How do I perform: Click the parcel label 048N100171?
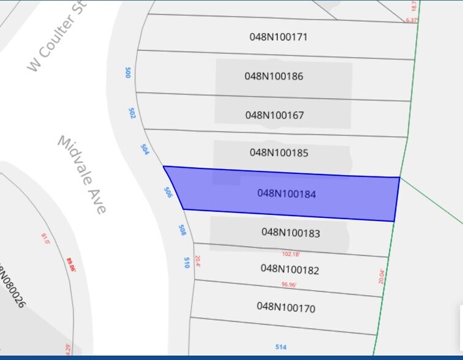[278, 37]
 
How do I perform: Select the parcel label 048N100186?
[274, 77]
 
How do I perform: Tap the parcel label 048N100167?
[274, 115]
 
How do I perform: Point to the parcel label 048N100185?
[279, 152]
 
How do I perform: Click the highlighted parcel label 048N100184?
[287, 193]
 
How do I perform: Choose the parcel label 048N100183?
[291, 233]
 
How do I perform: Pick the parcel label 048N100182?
[290, 269]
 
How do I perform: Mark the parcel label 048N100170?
[286, 306]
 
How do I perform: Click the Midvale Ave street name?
[83, 174]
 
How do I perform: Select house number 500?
[128, 72]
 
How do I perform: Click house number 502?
[132, 113]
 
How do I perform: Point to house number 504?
[145, 149]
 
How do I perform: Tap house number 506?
[168, 192]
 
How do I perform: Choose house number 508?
[182, 230]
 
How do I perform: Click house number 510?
[186, 262]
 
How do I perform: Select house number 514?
[280, 347]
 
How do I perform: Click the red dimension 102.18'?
[291, 253]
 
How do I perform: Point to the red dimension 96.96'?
[289, 284]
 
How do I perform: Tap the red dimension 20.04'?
[382, 277]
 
